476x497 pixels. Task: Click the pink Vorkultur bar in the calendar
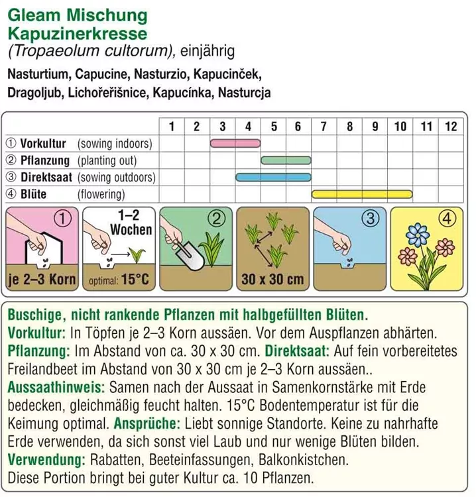[235, 143]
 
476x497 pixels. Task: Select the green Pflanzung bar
[286, 160]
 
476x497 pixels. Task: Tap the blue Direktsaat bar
[274, 177]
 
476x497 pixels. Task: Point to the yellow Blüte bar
[362, 194]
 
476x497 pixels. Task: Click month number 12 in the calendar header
[451, 127]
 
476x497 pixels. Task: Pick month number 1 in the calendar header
[171, 127]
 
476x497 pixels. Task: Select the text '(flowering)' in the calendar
[101, 194]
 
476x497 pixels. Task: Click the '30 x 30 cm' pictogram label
[272, 279]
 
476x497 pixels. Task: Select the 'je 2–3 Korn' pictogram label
[41, 279]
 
